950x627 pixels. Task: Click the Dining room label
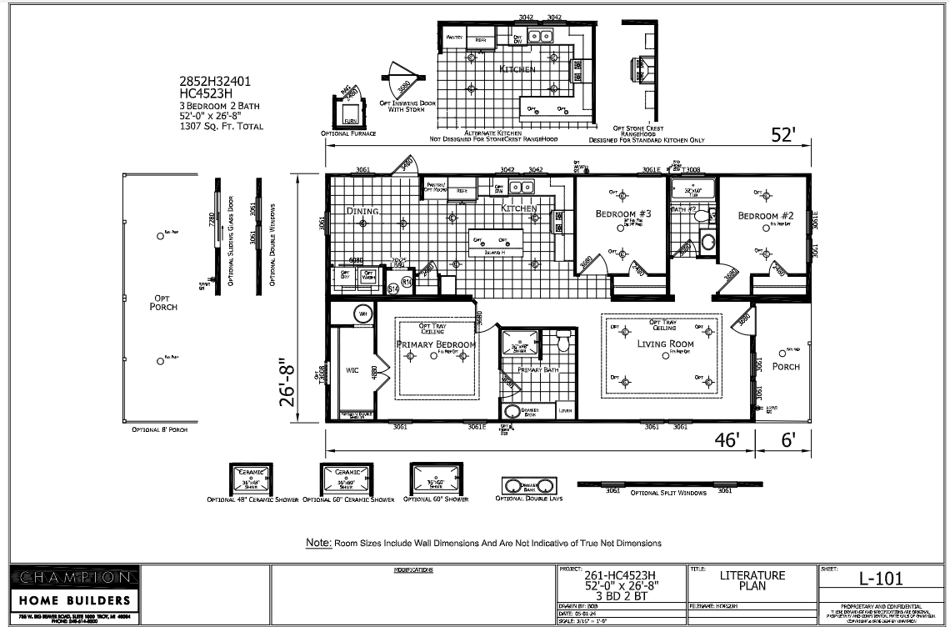coord(363,212)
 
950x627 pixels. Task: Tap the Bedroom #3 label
coord(622,214)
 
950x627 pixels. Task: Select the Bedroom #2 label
coord(764,216)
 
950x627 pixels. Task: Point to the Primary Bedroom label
coord(436,344)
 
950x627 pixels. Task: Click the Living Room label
coord(665,344)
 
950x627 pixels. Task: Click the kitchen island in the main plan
coord(498,241)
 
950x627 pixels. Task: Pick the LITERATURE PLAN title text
coord(751,581)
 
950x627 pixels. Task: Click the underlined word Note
coord(318,543)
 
